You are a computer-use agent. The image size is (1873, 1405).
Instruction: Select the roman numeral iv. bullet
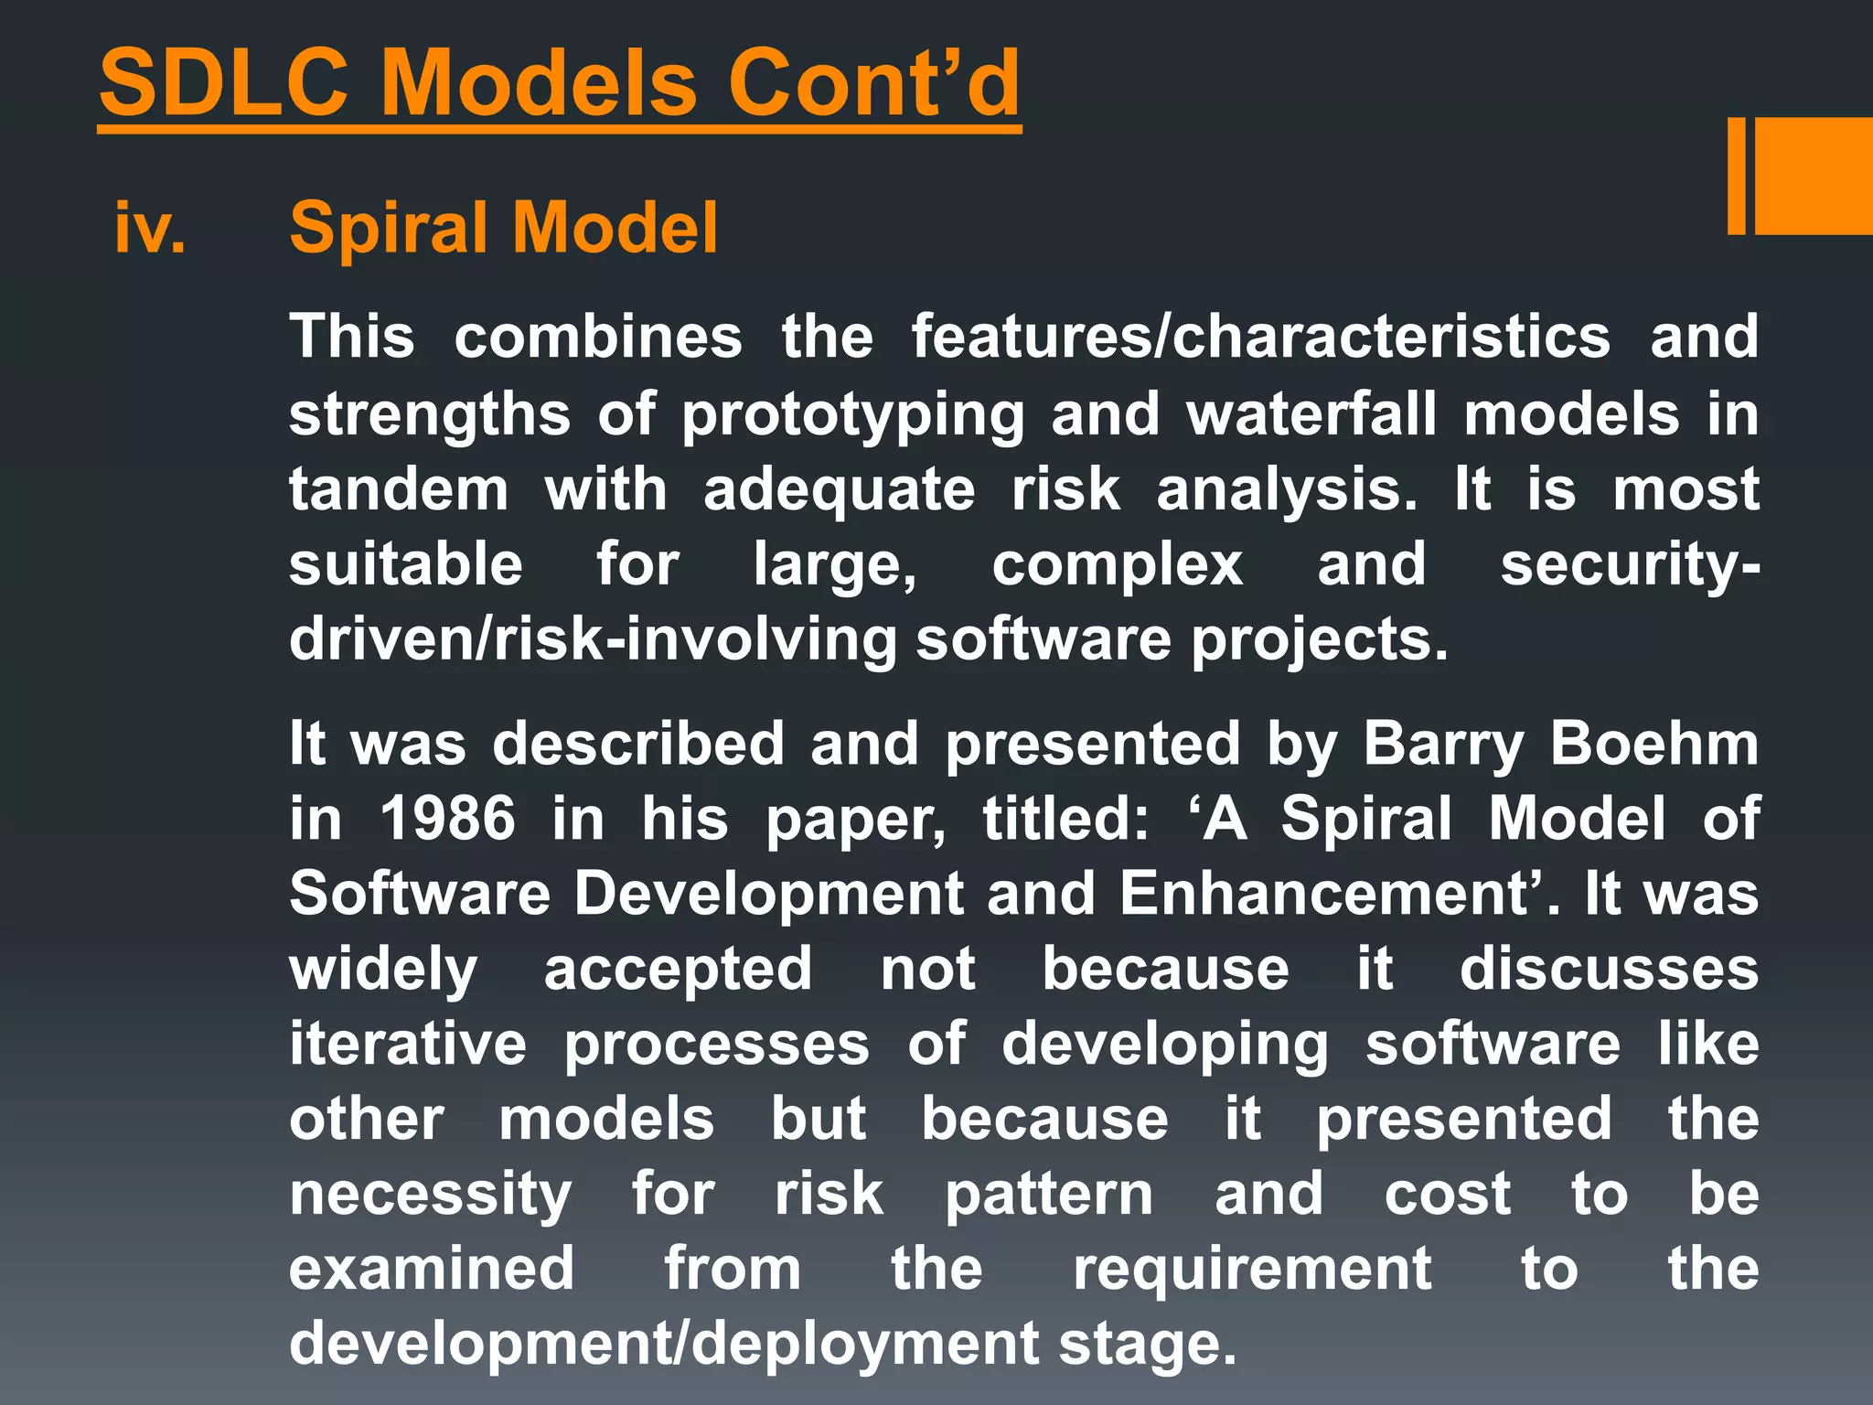coord(149,228)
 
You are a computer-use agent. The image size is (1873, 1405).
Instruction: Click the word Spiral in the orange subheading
coord(391,228)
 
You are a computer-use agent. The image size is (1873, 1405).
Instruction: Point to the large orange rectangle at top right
coord(1813,176)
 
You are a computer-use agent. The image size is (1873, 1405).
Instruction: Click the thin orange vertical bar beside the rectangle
coord(1736,176)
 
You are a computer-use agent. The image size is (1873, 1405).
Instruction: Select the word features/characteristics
coord(1260,337)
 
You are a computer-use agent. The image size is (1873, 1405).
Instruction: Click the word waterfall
coord(1311,413)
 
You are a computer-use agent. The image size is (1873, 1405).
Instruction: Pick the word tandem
coord(399,488)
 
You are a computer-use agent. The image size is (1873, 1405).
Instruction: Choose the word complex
coord(1117,565)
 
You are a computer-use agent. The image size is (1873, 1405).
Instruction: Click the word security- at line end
coord(1629,565)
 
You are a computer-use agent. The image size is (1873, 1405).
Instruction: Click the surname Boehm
coord(1654,743)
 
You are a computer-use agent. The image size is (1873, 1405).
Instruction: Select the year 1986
coord(447,818)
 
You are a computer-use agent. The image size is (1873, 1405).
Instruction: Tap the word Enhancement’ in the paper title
coord(1332,893)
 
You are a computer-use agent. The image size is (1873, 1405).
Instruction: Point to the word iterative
coord(407,1044)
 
